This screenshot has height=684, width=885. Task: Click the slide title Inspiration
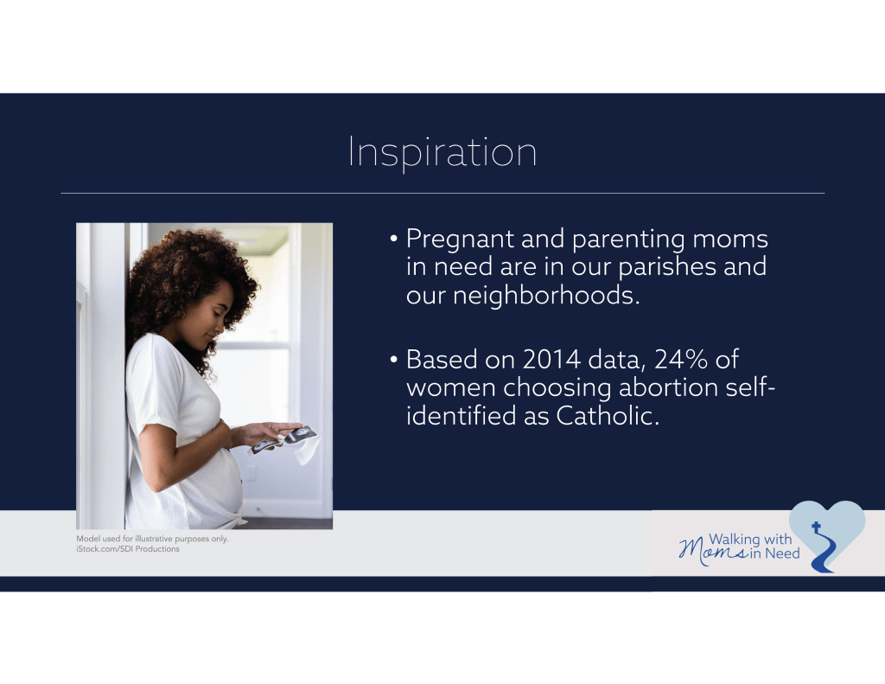pos(442,152)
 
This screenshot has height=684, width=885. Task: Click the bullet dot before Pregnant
pos(394,239)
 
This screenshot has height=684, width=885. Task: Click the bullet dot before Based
pos(394,360)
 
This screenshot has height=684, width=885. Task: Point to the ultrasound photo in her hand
pos(284,439)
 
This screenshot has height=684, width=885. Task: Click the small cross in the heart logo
pos(816,527)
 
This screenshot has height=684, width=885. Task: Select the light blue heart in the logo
pos(827,528)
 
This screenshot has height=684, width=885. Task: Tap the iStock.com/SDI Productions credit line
pos(128,549)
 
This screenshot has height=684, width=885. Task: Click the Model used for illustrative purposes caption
pos(152,539)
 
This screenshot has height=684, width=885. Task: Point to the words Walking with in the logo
pos(750,540)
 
